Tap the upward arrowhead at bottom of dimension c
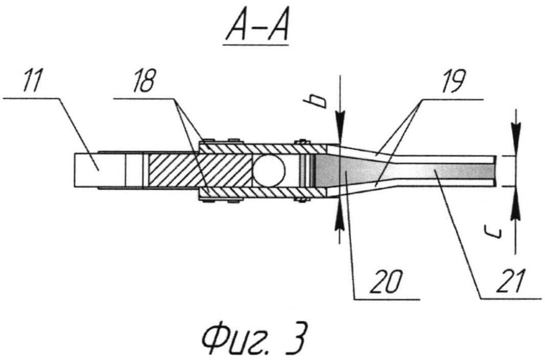[516, 197]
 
